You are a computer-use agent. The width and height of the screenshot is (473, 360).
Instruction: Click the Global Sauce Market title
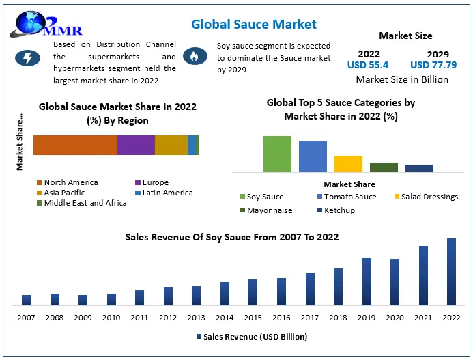tap(254, 25)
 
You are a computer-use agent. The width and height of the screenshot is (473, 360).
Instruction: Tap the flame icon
tap(195, 57)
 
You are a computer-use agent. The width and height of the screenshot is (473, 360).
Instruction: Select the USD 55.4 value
tap(368, 65)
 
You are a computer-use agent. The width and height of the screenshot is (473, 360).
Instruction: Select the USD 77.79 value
tap(433, 65)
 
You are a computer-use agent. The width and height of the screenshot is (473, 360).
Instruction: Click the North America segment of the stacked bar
tap(75, 145)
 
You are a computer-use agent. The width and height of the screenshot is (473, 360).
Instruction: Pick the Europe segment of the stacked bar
tap(136, 145)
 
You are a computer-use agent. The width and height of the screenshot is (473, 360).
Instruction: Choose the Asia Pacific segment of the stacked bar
tap(171, 145)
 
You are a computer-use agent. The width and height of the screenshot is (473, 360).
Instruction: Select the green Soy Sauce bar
tap(277, 154)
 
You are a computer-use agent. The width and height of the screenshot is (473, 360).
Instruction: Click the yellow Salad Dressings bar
tap(348, 164)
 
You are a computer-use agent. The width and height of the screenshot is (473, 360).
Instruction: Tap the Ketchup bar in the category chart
tap(419, 168)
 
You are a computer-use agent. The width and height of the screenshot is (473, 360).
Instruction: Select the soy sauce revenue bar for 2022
tap(451, 271)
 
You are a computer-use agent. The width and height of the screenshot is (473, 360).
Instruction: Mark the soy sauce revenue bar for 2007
tap(26, 300)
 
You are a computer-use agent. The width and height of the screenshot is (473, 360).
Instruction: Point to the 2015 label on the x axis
tap(253, 318)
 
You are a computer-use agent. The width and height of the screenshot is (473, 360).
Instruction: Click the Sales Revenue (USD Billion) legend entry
tap(252, 337)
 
